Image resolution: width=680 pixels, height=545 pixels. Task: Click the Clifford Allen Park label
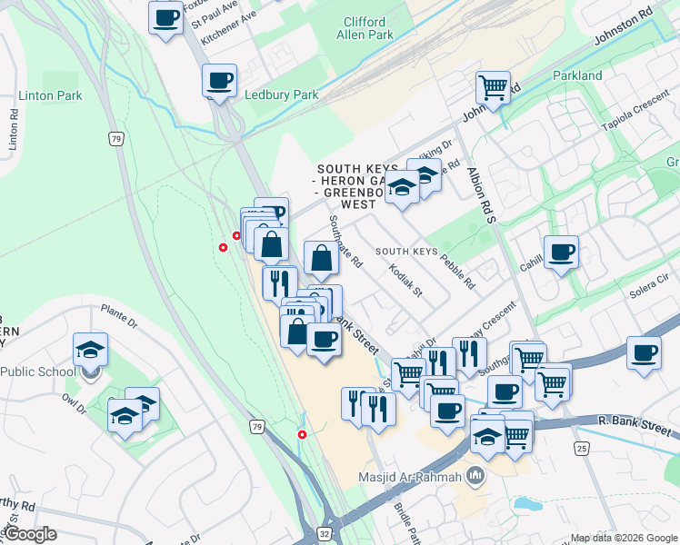(x=365, y=28)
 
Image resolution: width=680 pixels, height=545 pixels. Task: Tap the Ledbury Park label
(x=282, y=94)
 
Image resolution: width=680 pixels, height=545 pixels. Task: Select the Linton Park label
(x=50, y=95)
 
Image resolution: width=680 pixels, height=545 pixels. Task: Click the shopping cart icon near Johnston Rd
(x=493, y=88)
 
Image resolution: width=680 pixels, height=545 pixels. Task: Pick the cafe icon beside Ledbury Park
(x=219, y=81)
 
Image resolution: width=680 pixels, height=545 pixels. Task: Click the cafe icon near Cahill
(x=561, y=252)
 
